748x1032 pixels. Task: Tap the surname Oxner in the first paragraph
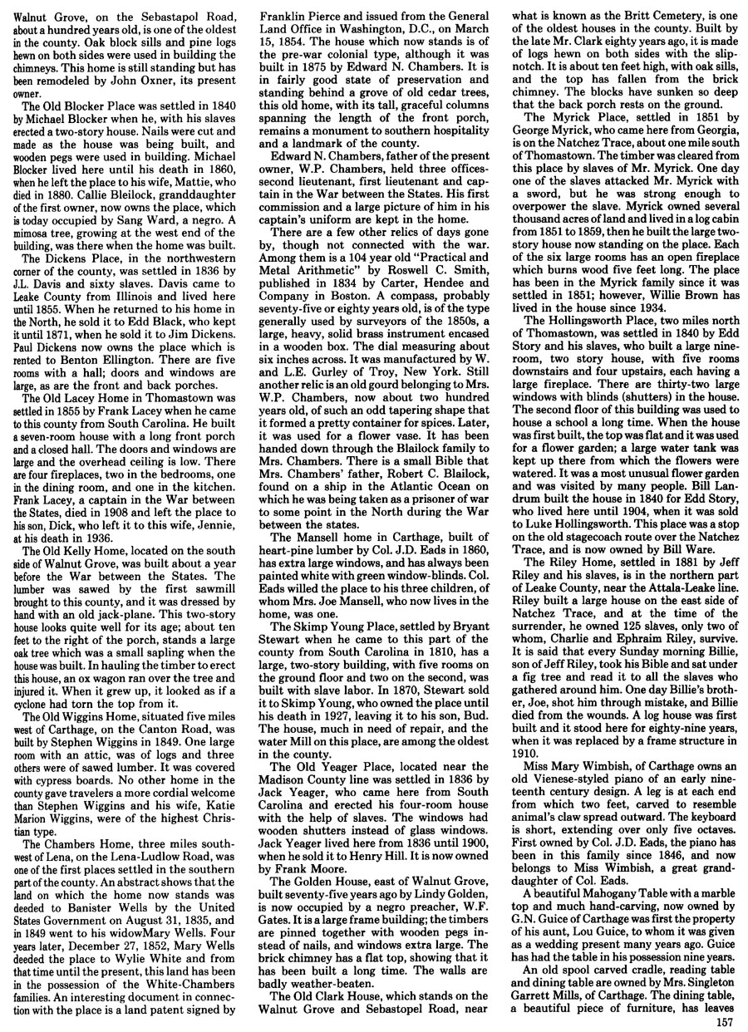(175, 81)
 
